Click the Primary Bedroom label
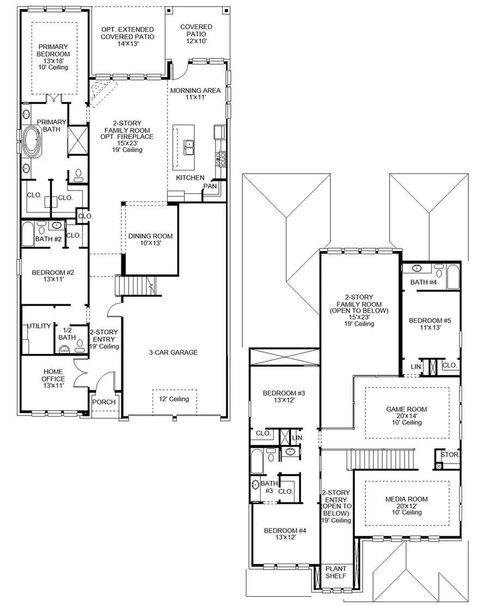coord(53,54)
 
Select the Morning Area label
coord(195,94)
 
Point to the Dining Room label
coord(150,240)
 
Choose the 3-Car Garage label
coord(173,352)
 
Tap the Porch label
coord(103,402)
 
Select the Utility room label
coord(38,326)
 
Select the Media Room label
coord(406,505)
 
